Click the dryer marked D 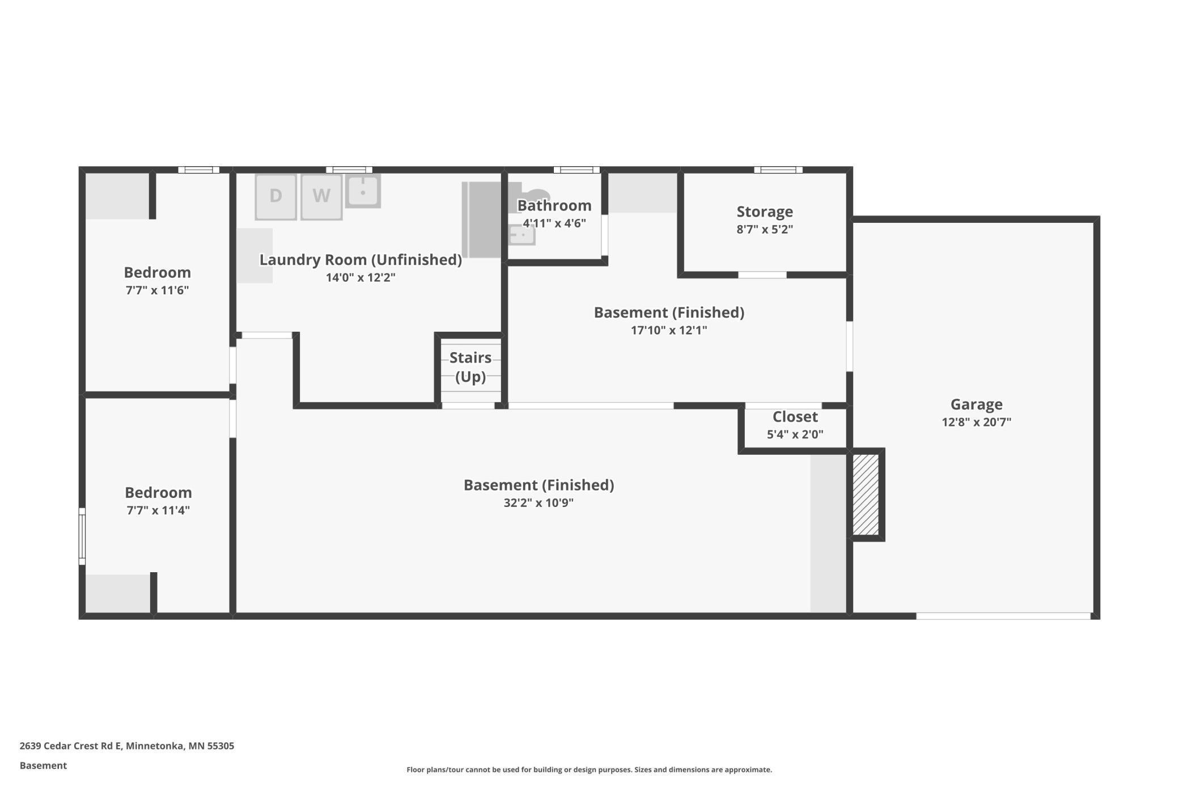coord(275,196)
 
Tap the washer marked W coord(321,196)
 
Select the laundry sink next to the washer coord(363,191)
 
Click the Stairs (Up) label coord(470,367)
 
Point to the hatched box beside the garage coord(866,494)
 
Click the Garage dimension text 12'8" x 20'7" coord(976,422)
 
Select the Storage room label coord(764,212)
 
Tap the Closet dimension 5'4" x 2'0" coord(795,434)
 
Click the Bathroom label coord(554,205)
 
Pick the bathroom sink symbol coord(521,234)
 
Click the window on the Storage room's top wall coord(778,170)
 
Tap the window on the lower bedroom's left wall coord(82,536)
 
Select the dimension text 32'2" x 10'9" coord(538,502)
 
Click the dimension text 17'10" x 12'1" coord(669,330)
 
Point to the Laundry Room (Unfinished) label coord(361,260)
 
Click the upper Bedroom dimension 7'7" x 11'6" coord(157,290)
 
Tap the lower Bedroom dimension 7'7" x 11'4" coord(158,510)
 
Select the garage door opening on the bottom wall coord(1003,616)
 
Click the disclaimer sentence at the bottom coord(589,770)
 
